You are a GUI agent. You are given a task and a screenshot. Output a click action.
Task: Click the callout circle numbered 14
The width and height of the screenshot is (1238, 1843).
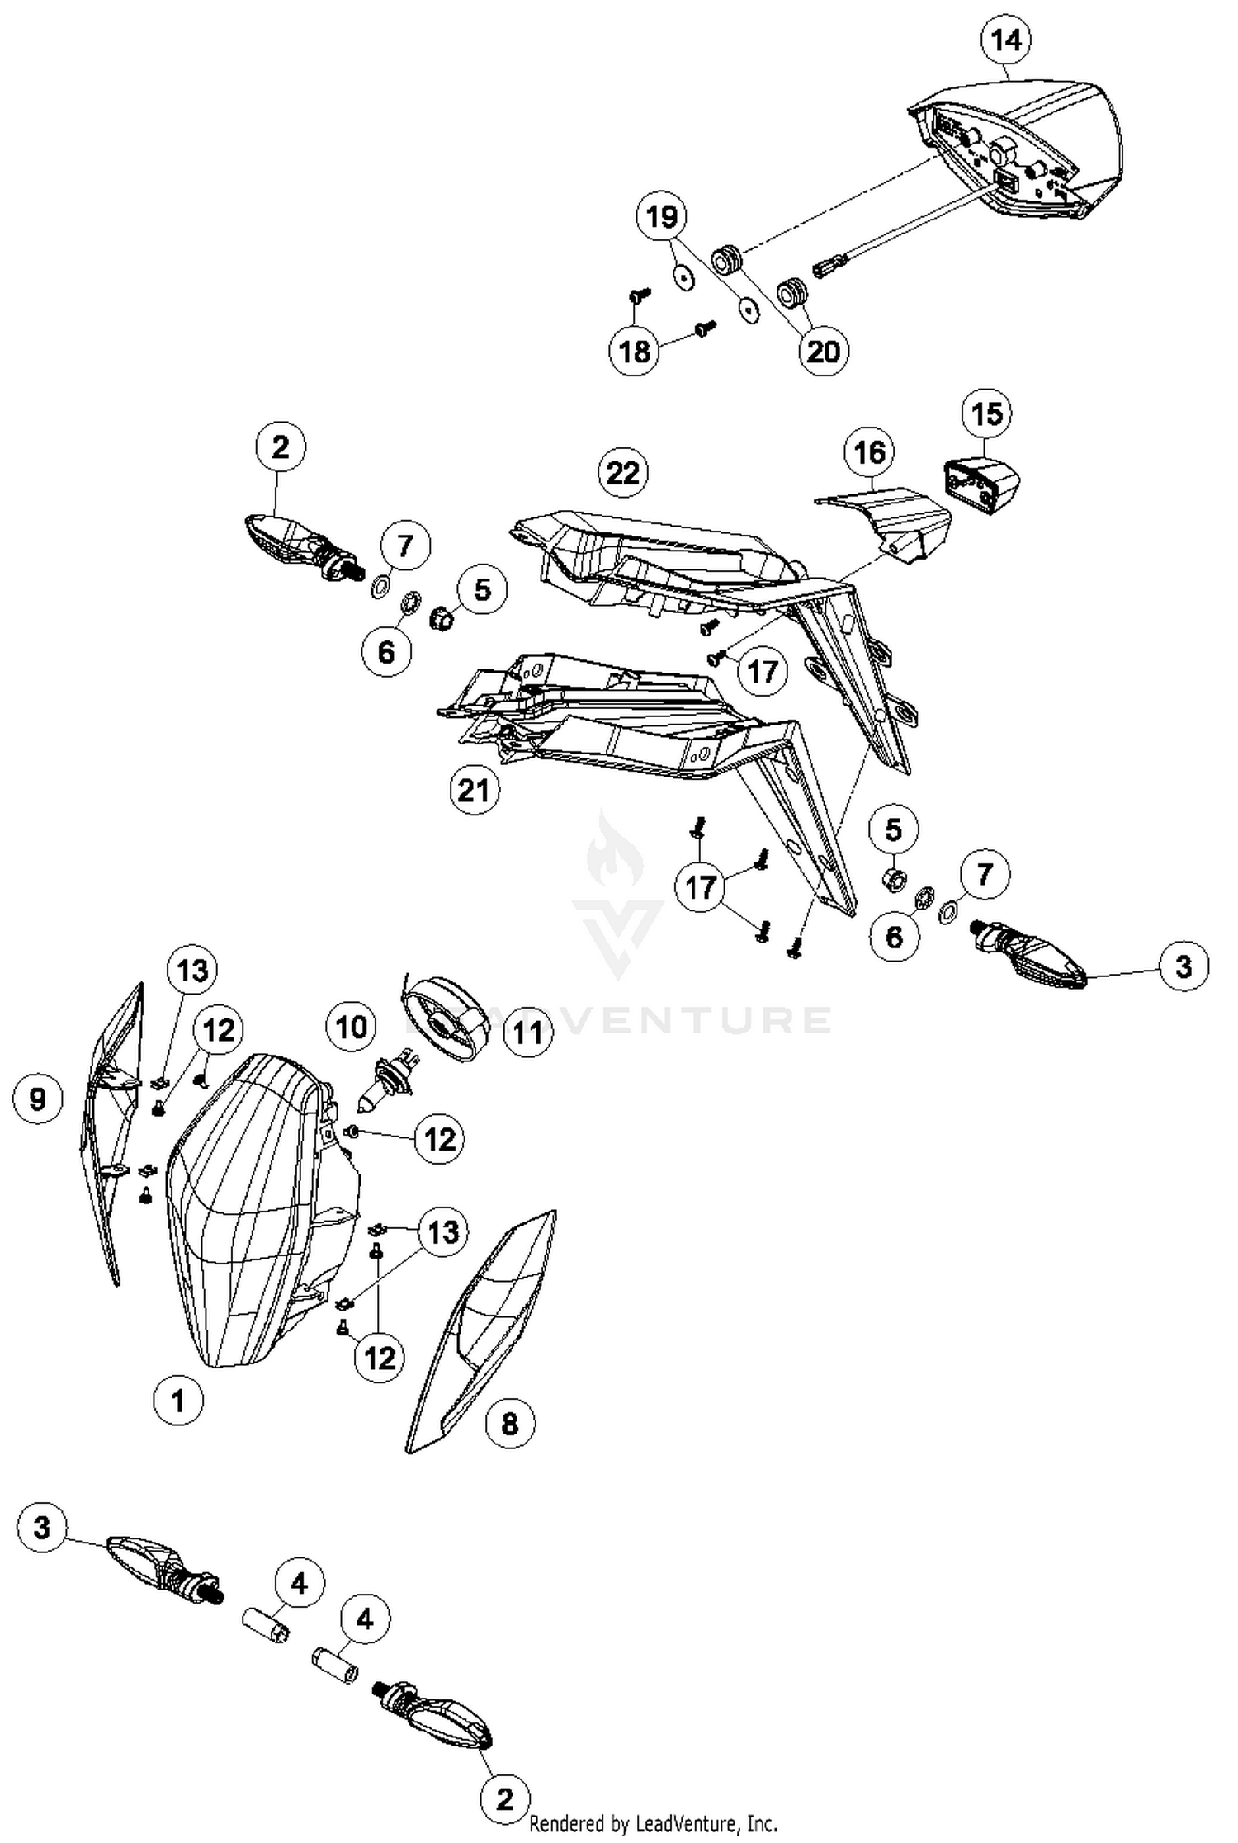click(1006, 39)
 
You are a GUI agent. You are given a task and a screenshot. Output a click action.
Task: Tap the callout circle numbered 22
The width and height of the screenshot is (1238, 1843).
click(623, 473)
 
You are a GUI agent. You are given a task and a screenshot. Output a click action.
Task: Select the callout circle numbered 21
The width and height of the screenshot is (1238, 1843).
click(475, 790)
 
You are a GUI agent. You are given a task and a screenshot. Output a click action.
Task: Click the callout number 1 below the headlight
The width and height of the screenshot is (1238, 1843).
click(178, 1400)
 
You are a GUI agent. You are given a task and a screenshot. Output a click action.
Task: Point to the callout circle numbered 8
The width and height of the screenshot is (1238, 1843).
click(509, 1423)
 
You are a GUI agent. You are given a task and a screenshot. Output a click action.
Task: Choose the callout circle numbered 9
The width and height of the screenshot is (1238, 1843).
click(38, 1099)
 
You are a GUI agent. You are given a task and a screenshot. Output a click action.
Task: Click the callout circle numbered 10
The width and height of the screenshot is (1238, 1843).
click(351, 1027)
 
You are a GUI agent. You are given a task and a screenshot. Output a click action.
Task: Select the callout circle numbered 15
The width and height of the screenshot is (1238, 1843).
click(987, 413)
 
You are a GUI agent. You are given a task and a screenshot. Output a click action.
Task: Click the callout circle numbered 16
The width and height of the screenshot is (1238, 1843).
click(870, 451)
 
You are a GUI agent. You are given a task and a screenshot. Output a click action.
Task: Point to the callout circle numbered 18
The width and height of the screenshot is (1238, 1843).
click(634, 352)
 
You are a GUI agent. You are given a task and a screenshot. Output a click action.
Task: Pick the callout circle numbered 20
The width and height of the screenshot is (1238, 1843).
click(823, 352)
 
